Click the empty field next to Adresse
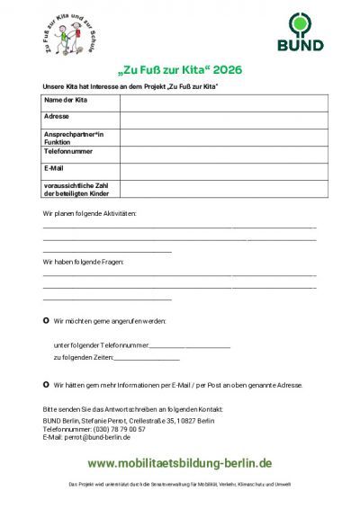218,116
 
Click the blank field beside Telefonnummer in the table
218,154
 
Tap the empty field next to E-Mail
218,169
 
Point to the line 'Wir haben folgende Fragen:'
84,262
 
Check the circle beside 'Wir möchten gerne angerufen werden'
46,320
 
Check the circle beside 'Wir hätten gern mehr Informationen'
46,384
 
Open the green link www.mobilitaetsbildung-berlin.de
179,463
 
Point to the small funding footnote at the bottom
179,485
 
